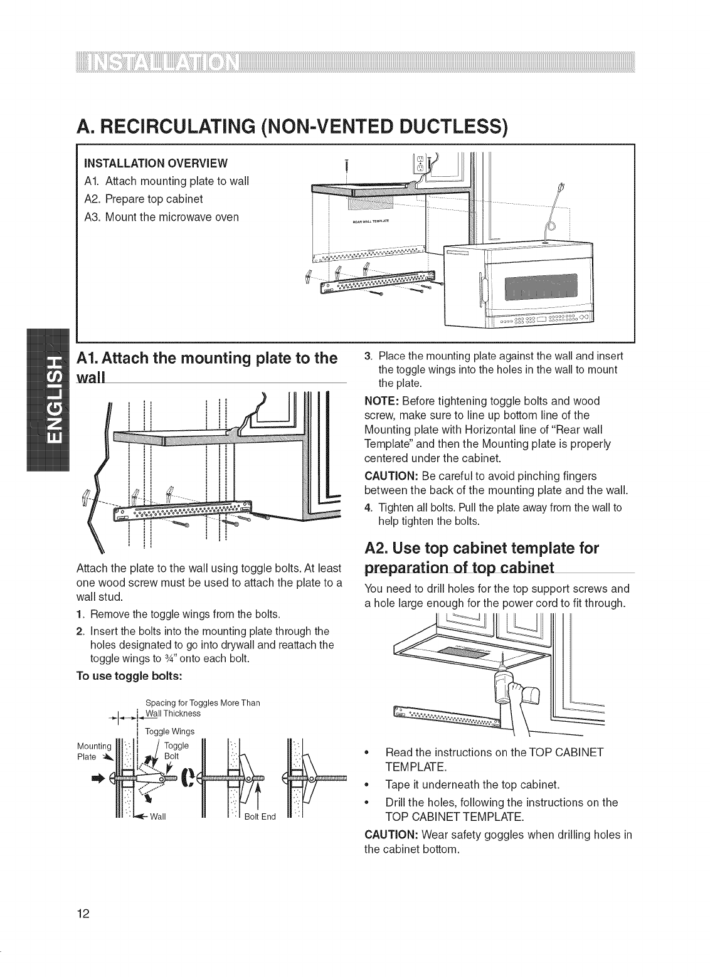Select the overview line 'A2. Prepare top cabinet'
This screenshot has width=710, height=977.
click(144, 199)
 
